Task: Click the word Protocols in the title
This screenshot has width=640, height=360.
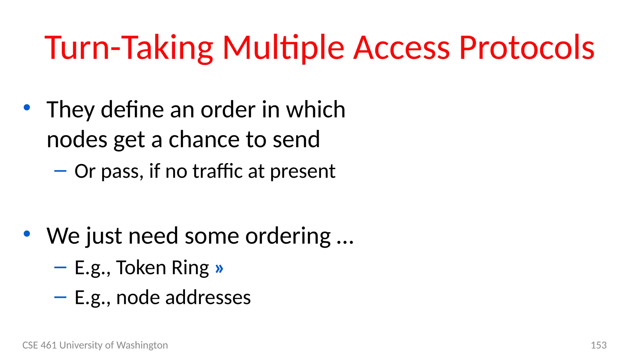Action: click(x=527, y=48)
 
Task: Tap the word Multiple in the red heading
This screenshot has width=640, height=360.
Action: click(x=283, y=48)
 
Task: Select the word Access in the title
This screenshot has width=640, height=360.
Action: click(x=401, y=48)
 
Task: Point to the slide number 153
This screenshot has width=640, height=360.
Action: click(x=598, y=345)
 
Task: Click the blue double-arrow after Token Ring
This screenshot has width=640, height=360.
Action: click(x=219, y=268)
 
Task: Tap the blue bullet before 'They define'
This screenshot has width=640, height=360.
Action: click(x=27, y=108)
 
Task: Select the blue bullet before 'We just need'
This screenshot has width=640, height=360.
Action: click(x=27, y=233)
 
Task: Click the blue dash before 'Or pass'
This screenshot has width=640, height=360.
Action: click(x=60, y=171)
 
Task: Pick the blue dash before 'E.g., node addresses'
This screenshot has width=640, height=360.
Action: click(x=60, y=297)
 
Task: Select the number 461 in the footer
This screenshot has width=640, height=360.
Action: click(x=49, y=345)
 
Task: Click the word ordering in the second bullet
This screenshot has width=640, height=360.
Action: click(x=288, y=236)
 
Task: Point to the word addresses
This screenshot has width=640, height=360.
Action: click(x=208, y=297)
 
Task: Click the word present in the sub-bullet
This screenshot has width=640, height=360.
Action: click(x=302, y=172)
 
